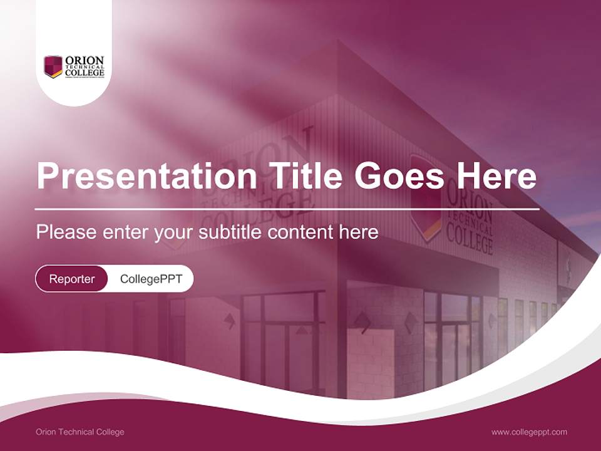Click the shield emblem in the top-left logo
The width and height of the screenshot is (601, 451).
(53, 66)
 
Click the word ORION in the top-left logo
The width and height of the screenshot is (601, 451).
(85, 60)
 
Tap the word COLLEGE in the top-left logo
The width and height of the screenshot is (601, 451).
(85, 73)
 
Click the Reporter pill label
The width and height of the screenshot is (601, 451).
(72, 279)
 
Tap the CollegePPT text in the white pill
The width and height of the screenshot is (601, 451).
(151, 279)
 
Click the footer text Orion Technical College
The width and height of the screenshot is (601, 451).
(80, 432)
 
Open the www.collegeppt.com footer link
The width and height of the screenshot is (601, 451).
(529, 432)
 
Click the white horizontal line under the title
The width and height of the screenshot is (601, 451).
(287, 209)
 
